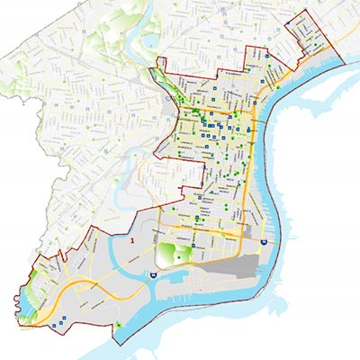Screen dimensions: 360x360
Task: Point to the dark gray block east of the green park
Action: pos(229,268)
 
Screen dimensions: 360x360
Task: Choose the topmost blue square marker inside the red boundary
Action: pos(267,56)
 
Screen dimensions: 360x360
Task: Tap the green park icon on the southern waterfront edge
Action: pos(120,323)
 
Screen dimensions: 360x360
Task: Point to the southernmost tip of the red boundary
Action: pos(117,340)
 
